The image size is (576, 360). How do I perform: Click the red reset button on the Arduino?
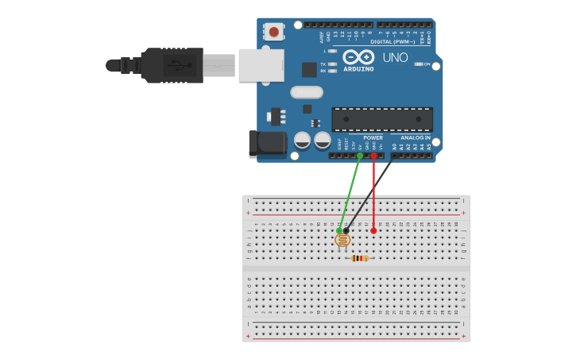[x=274, y=32]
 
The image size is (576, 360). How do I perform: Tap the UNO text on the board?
[x=395, y=57]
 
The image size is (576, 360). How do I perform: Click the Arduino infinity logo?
[x=358, y=57]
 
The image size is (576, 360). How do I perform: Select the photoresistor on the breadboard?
[x=342, y=238]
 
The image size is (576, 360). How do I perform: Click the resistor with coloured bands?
[x=360, y=257]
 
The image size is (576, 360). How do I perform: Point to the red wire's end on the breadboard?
[x=373, y=230]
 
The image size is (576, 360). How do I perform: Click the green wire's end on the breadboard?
[x=339, y=230]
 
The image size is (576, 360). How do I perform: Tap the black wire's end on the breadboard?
[x=346, y=230]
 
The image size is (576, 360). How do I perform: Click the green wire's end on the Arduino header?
[x=360, y=156]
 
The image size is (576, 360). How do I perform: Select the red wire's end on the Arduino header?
[x=373, y=156]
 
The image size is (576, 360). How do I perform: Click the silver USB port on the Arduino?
[x=261, y=65]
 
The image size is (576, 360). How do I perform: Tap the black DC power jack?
[x=268, y=144]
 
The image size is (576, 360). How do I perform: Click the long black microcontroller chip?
[x=382, y=119]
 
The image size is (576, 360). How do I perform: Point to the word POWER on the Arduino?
[x=373, y=137]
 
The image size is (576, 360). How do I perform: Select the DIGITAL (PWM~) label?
[x=400, y=41]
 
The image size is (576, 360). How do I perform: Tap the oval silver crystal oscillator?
[x=306, y=92]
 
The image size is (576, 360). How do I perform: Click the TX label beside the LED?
[x=323, y=64]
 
